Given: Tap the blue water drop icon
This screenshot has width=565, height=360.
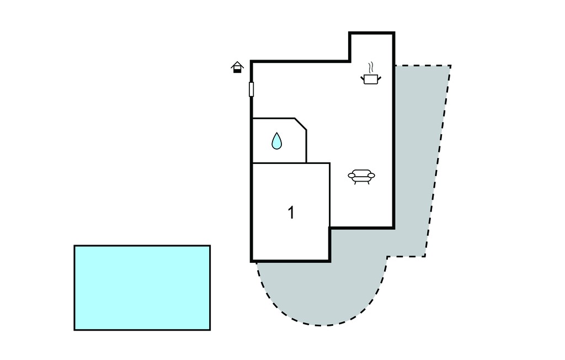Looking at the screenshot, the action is (x=276, y=141).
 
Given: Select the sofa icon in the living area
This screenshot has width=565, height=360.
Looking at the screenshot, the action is (x=361, y=176).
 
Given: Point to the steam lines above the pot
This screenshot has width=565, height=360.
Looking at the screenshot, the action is (x=371, y=67).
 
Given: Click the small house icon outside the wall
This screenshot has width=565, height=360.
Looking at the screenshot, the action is (x=237, y=67).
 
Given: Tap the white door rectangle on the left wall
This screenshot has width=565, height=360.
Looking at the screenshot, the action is (x=251, y=89).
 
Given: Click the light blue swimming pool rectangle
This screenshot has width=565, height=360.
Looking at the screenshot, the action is (x=142, y=288).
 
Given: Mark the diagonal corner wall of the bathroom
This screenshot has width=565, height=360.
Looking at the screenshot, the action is (x=301, y=124).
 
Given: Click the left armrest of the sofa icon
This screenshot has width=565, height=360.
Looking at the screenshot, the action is (x=351, y=176).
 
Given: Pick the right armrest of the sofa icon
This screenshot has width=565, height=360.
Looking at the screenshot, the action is (x=371, y=176).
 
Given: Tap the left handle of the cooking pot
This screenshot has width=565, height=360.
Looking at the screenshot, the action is (x=363, y=78).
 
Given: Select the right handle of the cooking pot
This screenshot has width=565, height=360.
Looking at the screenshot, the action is (x=379, y=78).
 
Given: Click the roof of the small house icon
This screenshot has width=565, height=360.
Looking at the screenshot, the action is (x=237, y=65).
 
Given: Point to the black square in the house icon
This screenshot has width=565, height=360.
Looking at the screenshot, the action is (x=237, y=71).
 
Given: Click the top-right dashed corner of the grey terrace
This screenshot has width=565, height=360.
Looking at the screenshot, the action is (x=450, y=66).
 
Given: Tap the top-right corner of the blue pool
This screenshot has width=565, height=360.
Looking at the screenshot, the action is (x=210, y=246).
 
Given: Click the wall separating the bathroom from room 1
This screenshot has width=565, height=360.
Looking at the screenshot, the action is (x=279, y=163).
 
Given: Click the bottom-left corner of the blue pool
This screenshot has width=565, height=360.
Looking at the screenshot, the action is (x=74, y=330).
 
